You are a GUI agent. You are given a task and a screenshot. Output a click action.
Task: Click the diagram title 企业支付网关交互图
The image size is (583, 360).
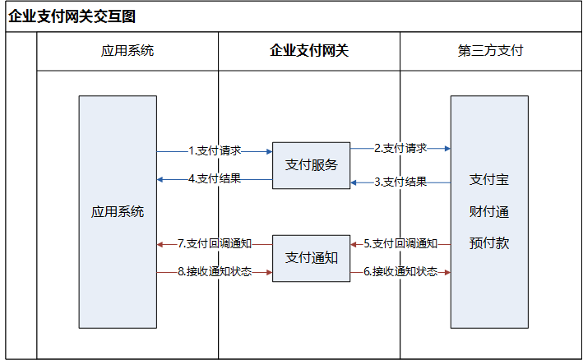coord(72,16)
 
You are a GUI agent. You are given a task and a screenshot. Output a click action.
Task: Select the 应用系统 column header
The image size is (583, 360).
coord(127,50)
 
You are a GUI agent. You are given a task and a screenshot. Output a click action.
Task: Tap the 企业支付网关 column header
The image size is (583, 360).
coord(309,50)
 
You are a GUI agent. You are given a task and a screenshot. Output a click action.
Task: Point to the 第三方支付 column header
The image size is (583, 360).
coord(490,50)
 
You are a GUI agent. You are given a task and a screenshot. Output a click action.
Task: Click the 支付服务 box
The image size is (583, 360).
coord(311,165)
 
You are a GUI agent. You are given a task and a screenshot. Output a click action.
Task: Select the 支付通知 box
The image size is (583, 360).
coord(311,258)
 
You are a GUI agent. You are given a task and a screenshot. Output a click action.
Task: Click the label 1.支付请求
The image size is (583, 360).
coord(215,151)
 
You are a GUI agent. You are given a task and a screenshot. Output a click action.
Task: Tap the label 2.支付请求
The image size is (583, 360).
coord(400,148)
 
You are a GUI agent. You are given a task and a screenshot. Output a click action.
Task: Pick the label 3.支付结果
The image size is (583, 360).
coord(400,182)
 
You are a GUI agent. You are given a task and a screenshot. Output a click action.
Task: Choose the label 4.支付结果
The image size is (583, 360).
coord(215,178)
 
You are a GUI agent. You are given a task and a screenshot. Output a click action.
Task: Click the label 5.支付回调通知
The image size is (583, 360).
coord(400,244)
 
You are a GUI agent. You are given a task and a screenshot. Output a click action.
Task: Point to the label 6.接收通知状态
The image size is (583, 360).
coord(400,271)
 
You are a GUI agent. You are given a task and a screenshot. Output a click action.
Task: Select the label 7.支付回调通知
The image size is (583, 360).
coord(215,244)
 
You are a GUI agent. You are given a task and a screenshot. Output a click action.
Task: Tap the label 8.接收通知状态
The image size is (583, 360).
coord(215,271)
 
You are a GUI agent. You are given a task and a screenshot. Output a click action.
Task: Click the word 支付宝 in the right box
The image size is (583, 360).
coord(489,180)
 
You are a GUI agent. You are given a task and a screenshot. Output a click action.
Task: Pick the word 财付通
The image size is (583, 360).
coord(489,212)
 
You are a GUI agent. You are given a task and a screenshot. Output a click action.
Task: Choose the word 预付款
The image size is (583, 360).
coord(489,243)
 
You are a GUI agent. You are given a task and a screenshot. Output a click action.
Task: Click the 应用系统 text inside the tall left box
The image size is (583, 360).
coord(118,212)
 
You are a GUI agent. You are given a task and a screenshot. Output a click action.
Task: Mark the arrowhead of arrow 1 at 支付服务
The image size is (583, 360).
coord(270,151)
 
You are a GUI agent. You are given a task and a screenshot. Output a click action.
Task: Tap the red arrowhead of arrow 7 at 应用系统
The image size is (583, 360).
coord(160,244)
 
